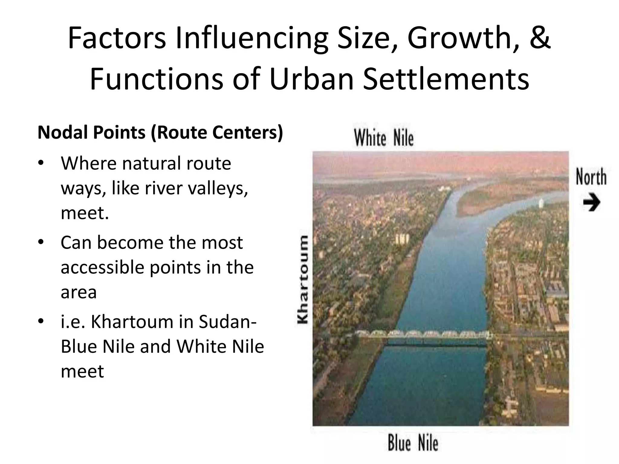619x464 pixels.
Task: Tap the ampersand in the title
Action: [540, 38]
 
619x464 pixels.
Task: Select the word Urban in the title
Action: [311, 79]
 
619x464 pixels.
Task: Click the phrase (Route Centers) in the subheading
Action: [216, 132]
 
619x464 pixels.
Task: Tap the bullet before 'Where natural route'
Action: [41, 163]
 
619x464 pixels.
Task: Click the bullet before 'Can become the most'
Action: [41, 242]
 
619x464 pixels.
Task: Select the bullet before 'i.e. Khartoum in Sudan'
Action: [41, 321]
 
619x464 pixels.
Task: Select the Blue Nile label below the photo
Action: [413, 443]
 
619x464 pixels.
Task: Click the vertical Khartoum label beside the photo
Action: [303, 280]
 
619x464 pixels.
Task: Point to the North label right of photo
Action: [591, 177]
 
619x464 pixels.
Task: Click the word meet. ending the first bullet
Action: [85, 213]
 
